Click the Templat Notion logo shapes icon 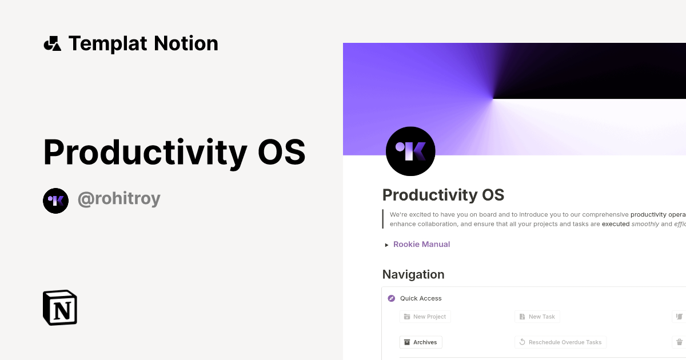pos(52,43)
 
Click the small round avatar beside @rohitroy pos(55,201)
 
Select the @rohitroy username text pos(119,199)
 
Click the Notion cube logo pos(60,307)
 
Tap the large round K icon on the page pos(410,151)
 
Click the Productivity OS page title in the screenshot pos(443,195)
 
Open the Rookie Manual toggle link pos(421,245)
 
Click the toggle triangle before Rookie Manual pos(387,245)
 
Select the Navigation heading pos(413,275)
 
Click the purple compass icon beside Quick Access pos(391,298)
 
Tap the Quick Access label pos(421,298)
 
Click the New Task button pos(537,317)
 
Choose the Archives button pos(420,342)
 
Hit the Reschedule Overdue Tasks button pos(560,342)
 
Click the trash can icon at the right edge pos(679,342)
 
